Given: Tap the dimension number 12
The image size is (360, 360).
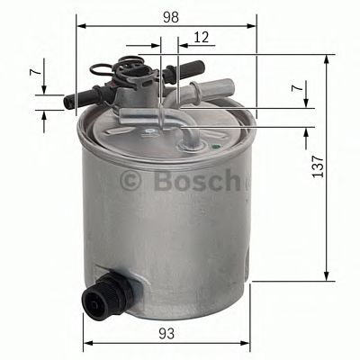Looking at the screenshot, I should [202, 37].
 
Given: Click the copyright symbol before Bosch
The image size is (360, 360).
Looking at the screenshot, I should [131, 181].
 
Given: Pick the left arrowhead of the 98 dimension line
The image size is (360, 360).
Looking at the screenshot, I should [78, 24].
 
